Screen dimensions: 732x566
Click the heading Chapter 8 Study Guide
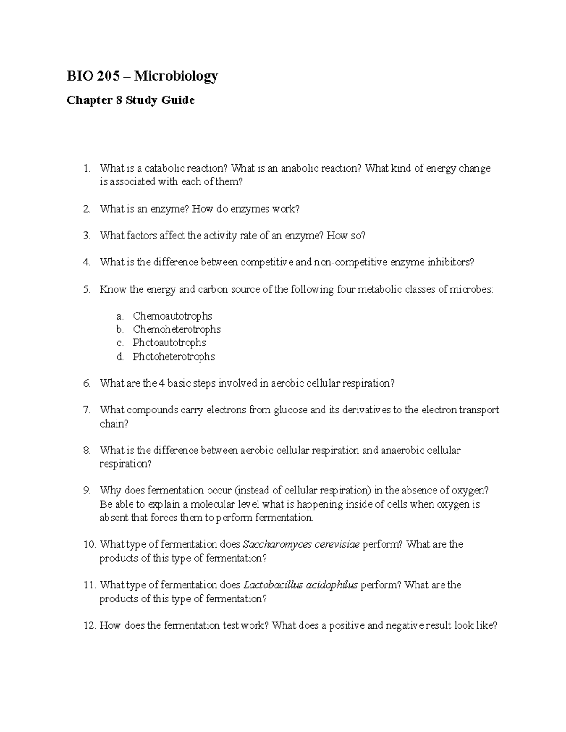pos(131,100)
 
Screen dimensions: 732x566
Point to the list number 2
pos(86,209)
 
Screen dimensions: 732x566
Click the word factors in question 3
pos(141,236)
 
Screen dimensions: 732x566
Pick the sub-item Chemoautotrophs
pos(172,316)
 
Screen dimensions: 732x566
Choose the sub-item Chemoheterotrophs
pos(176,329)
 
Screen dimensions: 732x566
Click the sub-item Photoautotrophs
pos(169,343)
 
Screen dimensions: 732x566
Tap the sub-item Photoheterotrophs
pos(174,356)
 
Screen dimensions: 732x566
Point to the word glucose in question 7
pos(290,410)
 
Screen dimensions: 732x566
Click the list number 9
pos(86,491)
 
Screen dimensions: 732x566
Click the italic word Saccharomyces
pos(277,545)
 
